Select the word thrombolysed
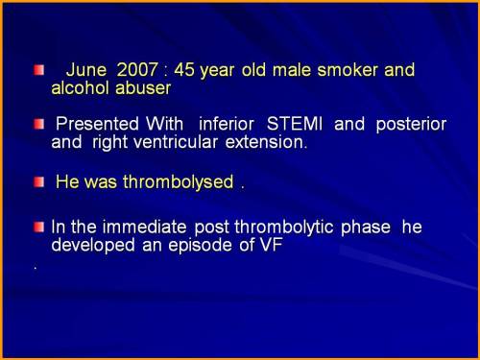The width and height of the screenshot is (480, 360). [x=177, y=181]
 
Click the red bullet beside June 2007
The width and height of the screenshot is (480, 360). [x=38, y=71]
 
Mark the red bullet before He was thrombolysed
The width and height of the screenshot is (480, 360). [x=38, y=181]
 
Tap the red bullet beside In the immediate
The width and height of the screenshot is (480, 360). [x=38, y=228]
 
